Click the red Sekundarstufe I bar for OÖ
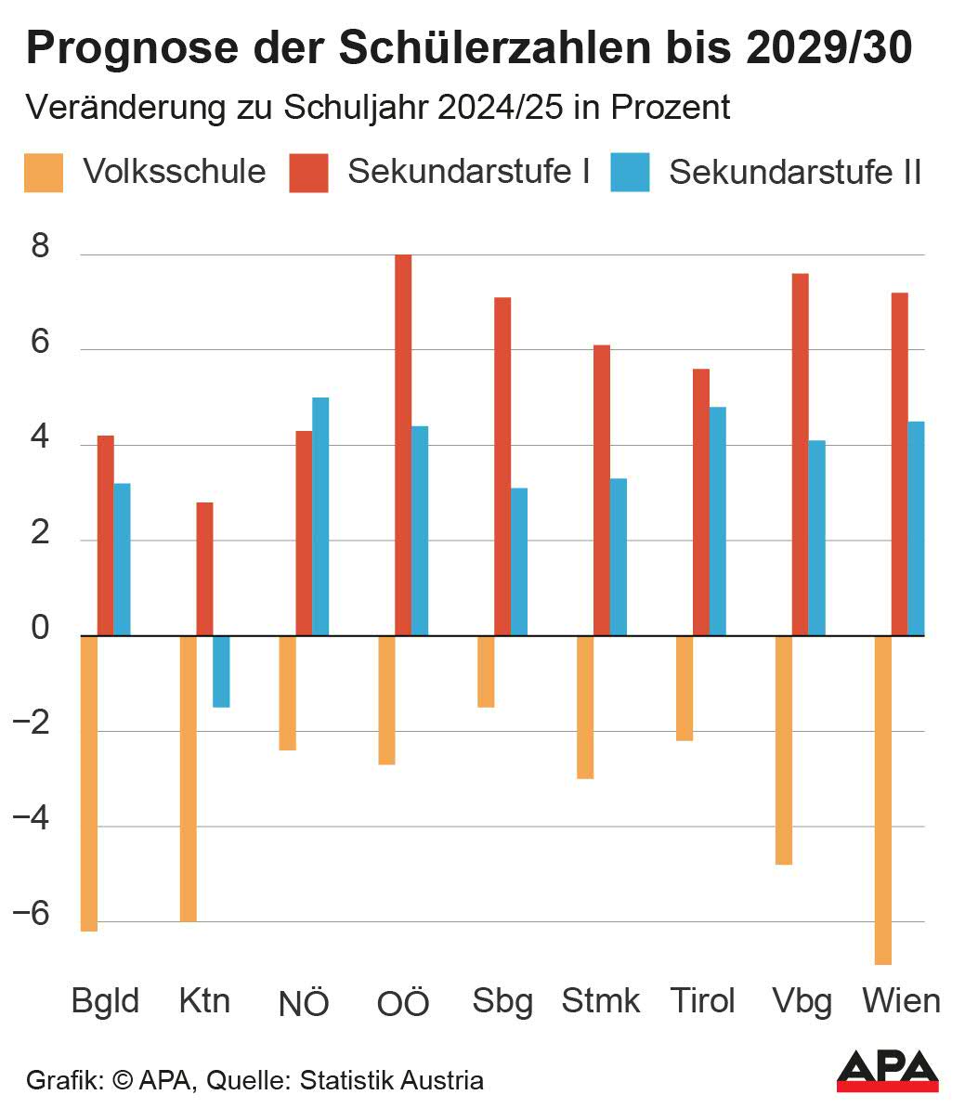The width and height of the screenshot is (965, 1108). click(x=403, y=445)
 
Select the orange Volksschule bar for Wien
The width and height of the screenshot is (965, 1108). click(x=883, y=800)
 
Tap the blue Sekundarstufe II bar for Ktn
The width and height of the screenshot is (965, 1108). click(x=221, y=671)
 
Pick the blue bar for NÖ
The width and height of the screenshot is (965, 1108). click(x=320, y=516)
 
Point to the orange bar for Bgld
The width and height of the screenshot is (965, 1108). click(x=89, y=783)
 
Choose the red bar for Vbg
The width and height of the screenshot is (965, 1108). click(x=800, y=454)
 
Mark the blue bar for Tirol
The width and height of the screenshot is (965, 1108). click(x=717, y=521)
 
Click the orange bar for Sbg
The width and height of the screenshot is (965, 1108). click(x=486, y=671)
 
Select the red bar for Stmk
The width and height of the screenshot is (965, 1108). click(x=602, y=490)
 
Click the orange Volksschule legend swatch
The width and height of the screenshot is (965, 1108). click(x=44, y=173)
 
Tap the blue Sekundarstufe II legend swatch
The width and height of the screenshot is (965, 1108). click(x=630, y=173)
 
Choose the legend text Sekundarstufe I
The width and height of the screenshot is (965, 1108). click(x=469, y=172)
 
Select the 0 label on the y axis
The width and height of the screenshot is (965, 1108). click(x=40, y=629)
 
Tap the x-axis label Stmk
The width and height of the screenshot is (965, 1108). click(x=601, y=1000)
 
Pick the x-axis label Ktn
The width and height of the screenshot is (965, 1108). click(x=204, y=1000)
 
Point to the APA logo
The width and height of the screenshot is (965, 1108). click(x=887, y=1070)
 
